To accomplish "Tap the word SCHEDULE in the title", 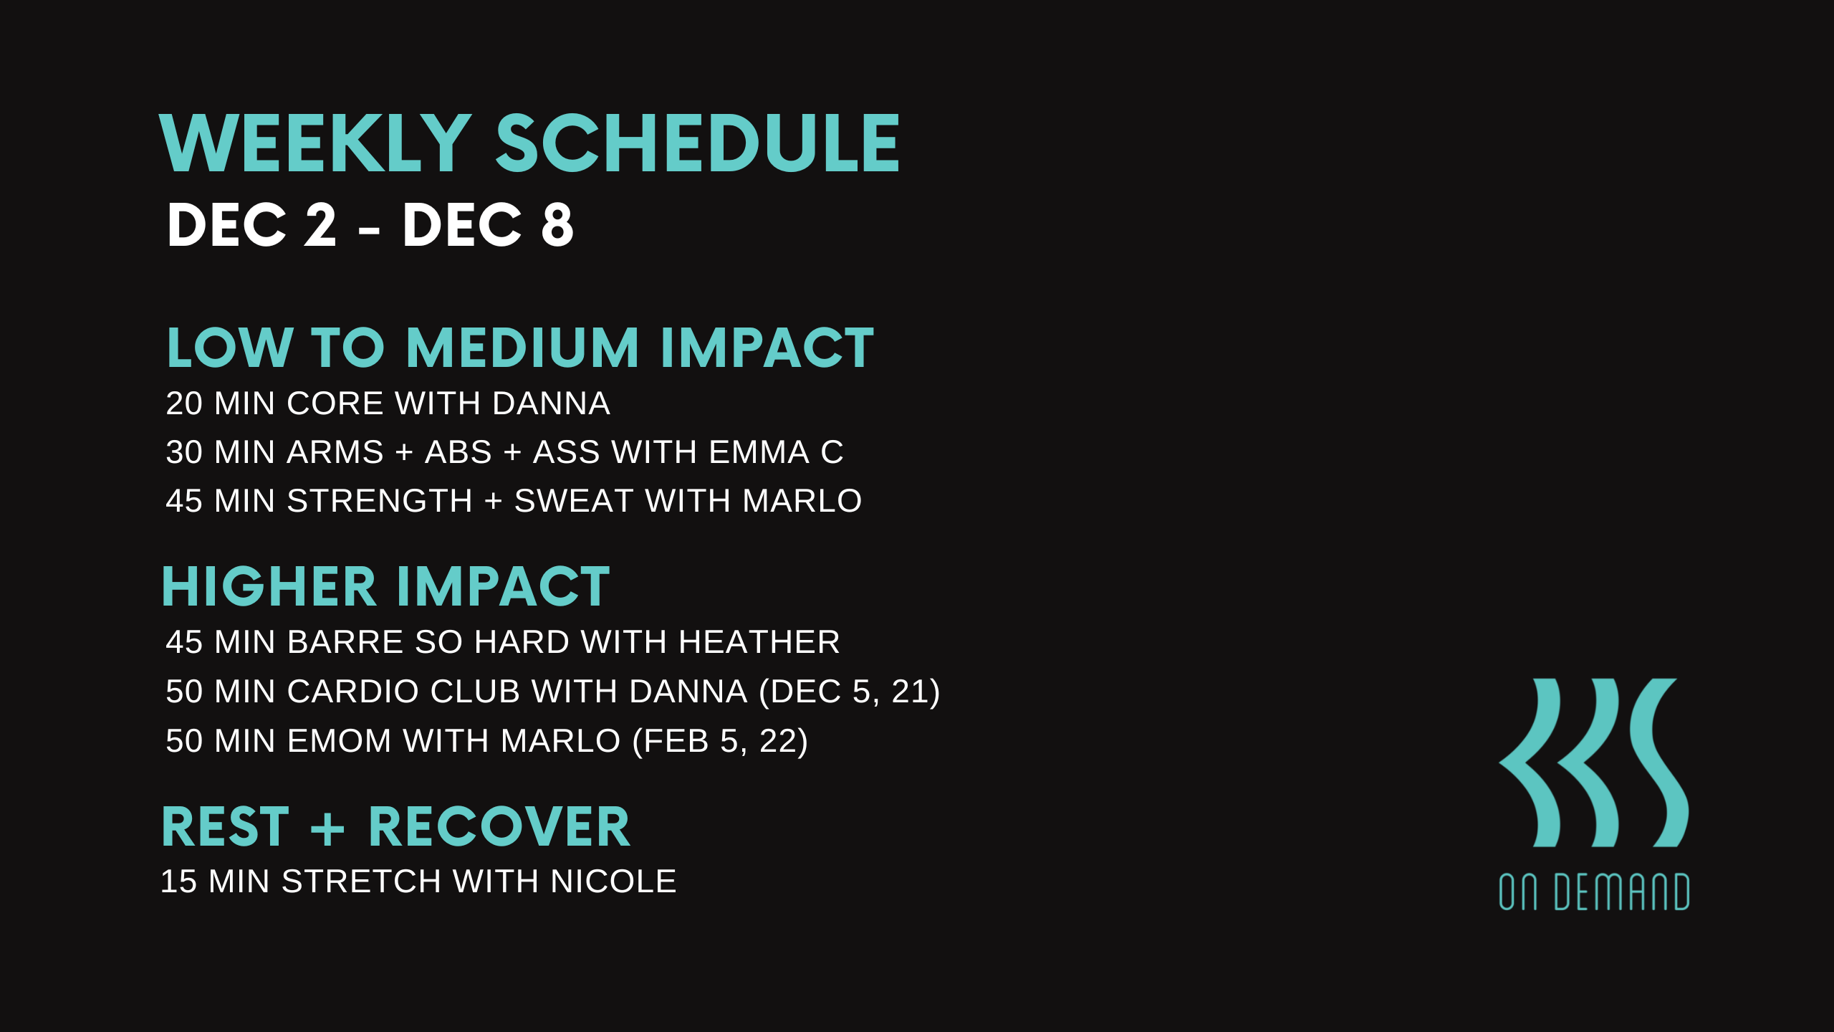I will pyautogui.click(x=697, y=144).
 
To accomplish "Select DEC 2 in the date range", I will pyautogui.click(x=251, y=225).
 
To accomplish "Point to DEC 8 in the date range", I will pyautogui.click(x=488, y=225).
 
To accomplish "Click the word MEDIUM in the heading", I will pyautogui.click(x=522, y=348).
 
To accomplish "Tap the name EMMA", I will pyautogui.click(x=759, y=452).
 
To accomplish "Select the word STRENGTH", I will pyautogui.click(x=380, y=501).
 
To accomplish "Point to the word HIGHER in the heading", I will pyautogui.click(x=269, y=587).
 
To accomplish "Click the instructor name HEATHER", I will pyautogui.click(x=759, y=642).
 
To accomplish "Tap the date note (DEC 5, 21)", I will pyautogui.click(x=849, y=692).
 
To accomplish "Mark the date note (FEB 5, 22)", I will pyautogui.click(x=720, y=741).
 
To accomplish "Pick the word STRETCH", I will pyautogui.click(x=360, y=881).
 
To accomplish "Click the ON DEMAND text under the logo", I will pyautogui.click(x=1594, y=892).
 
